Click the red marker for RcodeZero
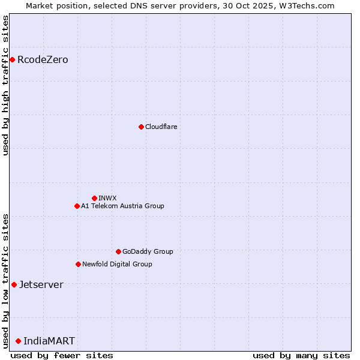pos(12,59)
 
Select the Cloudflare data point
pos(141,127)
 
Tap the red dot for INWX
pos(94,198)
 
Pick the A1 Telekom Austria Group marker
pos(77,206)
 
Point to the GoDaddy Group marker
pos(118,251)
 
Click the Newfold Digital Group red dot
pos(78,264)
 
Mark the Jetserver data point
pos(14,284)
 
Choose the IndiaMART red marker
pos(18,341)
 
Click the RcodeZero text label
pos(43,60)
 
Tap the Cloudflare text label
pos(161,127)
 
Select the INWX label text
pos(107,198)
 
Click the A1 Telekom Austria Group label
pos(122,206)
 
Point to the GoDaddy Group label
pos(148,251)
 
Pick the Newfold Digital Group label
pos(117,264)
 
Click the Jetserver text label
pos(41,284)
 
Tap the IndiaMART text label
pos(49,341)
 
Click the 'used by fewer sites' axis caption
pos(62,355)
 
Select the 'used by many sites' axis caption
pos(301,355)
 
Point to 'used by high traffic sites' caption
pos(5,85)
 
